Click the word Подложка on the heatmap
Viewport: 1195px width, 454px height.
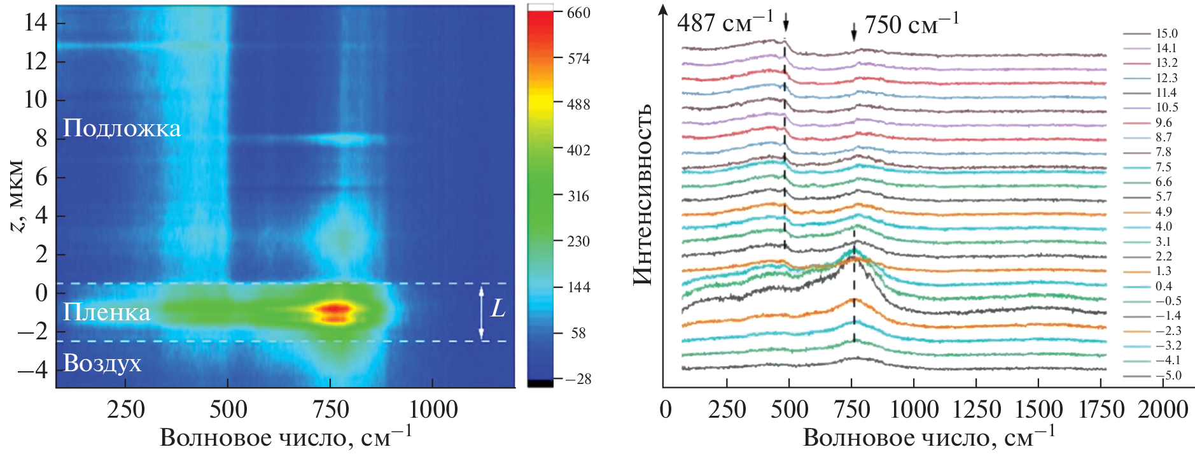pyautogui.click(x=122, y=129)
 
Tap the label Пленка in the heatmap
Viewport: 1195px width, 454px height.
pyautogui.click(x=107, y=312)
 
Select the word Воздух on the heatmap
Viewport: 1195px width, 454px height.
pyautogui.click(x=102, y=363)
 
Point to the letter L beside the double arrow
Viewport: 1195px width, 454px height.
pyautogui.click(x=498, y=309)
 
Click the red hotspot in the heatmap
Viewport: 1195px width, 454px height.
pyautogui.click(x=333, y=310)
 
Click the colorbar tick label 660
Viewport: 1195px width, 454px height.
pyautogui.click(x=578, y=13)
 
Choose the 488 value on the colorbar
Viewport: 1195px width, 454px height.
pyautogui.click(x=578, y=104)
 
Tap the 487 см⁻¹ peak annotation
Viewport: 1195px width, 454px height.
pyautogui.click(x=725, y=24)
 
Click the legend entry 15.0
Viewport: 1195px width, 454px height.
pyautogui.click(x=1166, y=34)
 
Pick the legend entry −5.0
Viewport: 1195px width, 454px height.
pyautogui.click(x=1168, y=376)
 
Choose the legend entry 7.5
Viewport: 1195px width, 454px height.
pyautogui.click(x=1163, y=167)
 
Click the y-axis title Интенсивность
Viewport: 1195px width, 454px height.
pyautogui.click(x=643, y=194)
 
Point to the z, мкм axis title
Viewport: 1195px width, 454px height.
pyautogui.click(x=17, y=196)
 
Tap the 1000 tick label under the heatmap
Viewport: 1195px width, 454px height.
pyautogui.click(x=433, y=409)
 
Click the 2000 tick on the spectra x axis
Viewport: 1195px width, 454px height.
pyautogui.click(x=1163, y=409)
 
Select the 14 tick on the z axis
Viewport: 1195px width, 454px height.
pyautogui.click(x=36, y=23)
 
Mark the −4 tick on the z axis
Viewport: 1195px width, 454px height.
pyautogui.click(x=32, y=369)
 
